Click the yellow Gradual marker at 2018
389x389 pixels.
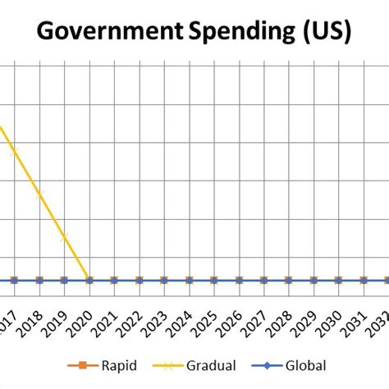coord(39,194)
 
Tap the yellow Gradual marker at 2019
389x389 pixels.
coord(64,237)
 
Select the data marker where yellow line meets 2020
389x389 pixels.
coord(89,280)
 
